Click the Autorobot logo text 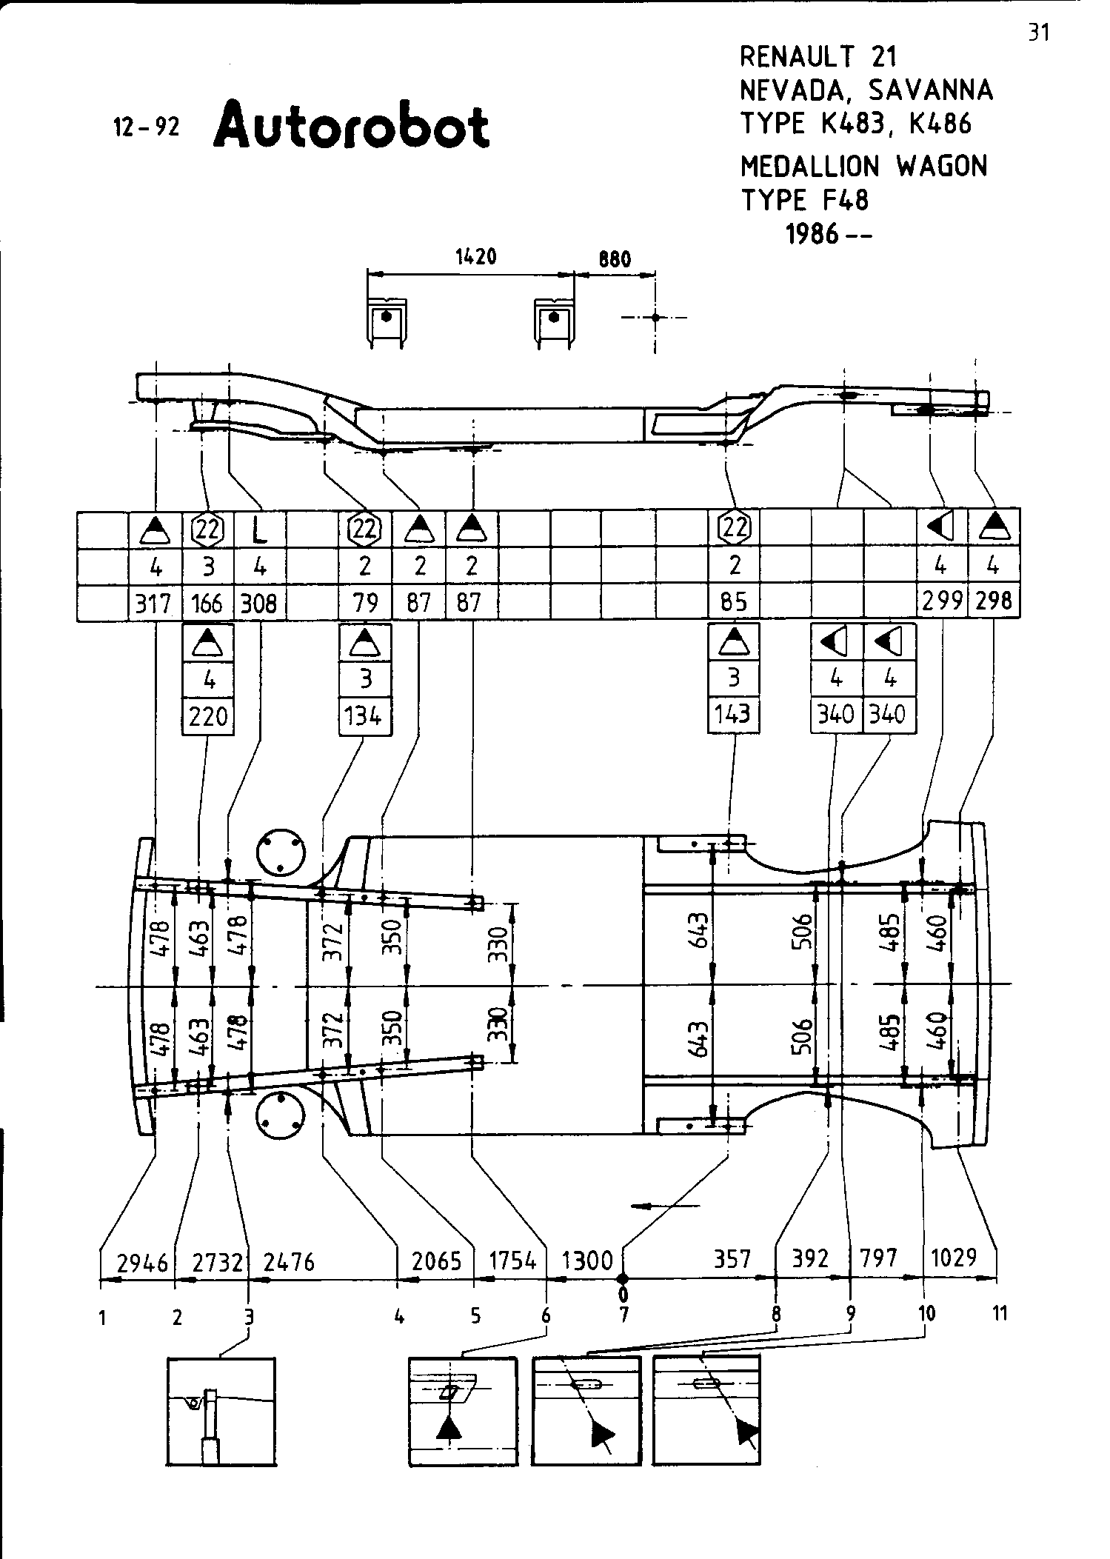[351, 126]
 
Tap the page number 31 [1039, 33]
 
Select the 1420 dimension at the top [475, 257]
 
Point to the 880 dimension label [615, 259]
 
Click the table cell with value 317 [155, 604]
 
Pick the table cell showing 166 [207, 604]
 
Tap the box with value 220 [208, 717]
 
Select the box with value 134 [365, 717]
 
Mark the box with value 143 [733, 715]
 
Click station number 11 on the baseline [1000, 1313]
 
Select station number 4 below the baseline [399, 1316]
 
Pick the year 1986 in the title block [812, 234]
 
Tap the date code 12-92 [146, 128]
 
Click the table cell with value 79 [365, 603]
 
